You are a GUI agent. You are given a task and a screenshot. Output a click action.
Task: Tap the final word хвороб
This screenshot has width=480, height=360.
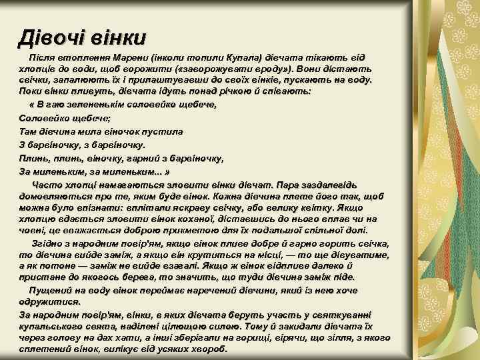[208, 349]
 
